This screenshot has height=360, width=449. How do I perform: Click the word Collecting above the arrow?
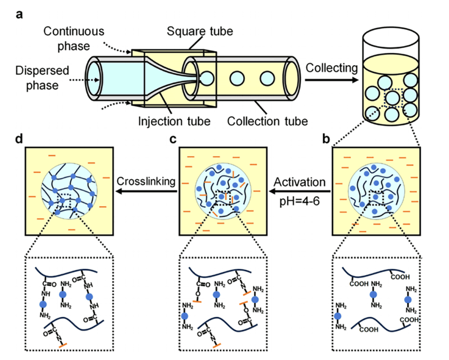tap(329, 68)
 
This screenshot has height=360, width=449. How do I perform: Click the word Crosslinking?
tap(145, 181)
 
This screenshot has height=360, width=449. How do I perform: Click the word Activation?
tap(299, 181)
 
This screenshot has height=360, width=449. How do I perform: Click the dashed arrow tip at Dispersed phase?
tap(98, 80)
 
